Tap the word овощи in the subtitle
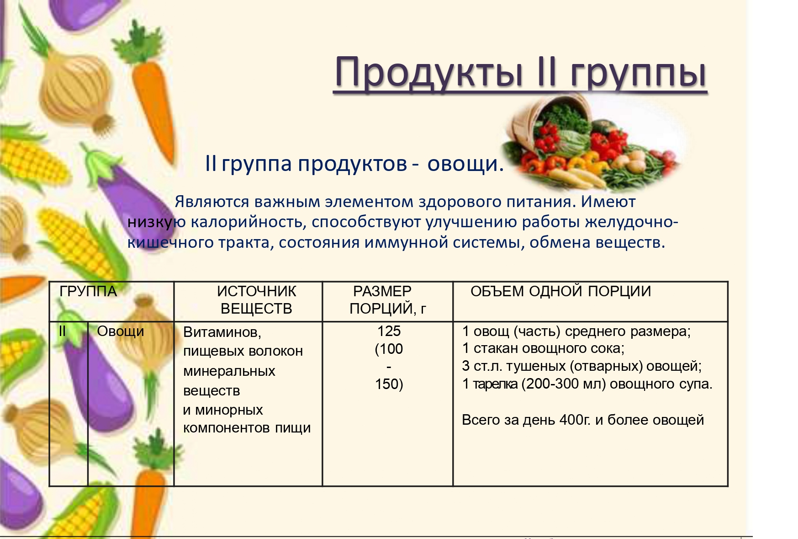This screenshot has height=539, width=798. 465,164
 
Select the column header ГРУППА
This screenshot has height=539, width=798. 88,291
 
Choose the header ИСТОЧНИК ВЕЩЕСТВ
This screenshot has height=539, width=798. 256,300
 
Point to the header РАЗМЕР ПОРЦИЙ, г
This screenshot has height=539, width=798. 387,300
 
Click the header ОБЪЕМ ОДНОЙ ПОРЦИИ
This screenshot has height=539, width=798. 560,291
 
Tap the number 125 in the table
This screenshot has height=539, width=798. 389,331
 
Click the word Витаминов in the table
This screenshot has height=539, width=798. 222,332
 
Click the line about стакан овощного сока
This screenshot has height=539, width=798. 543,348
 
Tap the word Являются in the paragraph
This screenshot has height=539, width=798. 212,202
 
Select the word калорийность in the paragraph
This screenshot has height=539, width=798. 248,222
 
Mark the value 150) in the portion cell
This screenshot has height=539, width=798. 389,384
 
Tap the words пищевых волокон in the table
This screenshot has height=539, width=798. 243,351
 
